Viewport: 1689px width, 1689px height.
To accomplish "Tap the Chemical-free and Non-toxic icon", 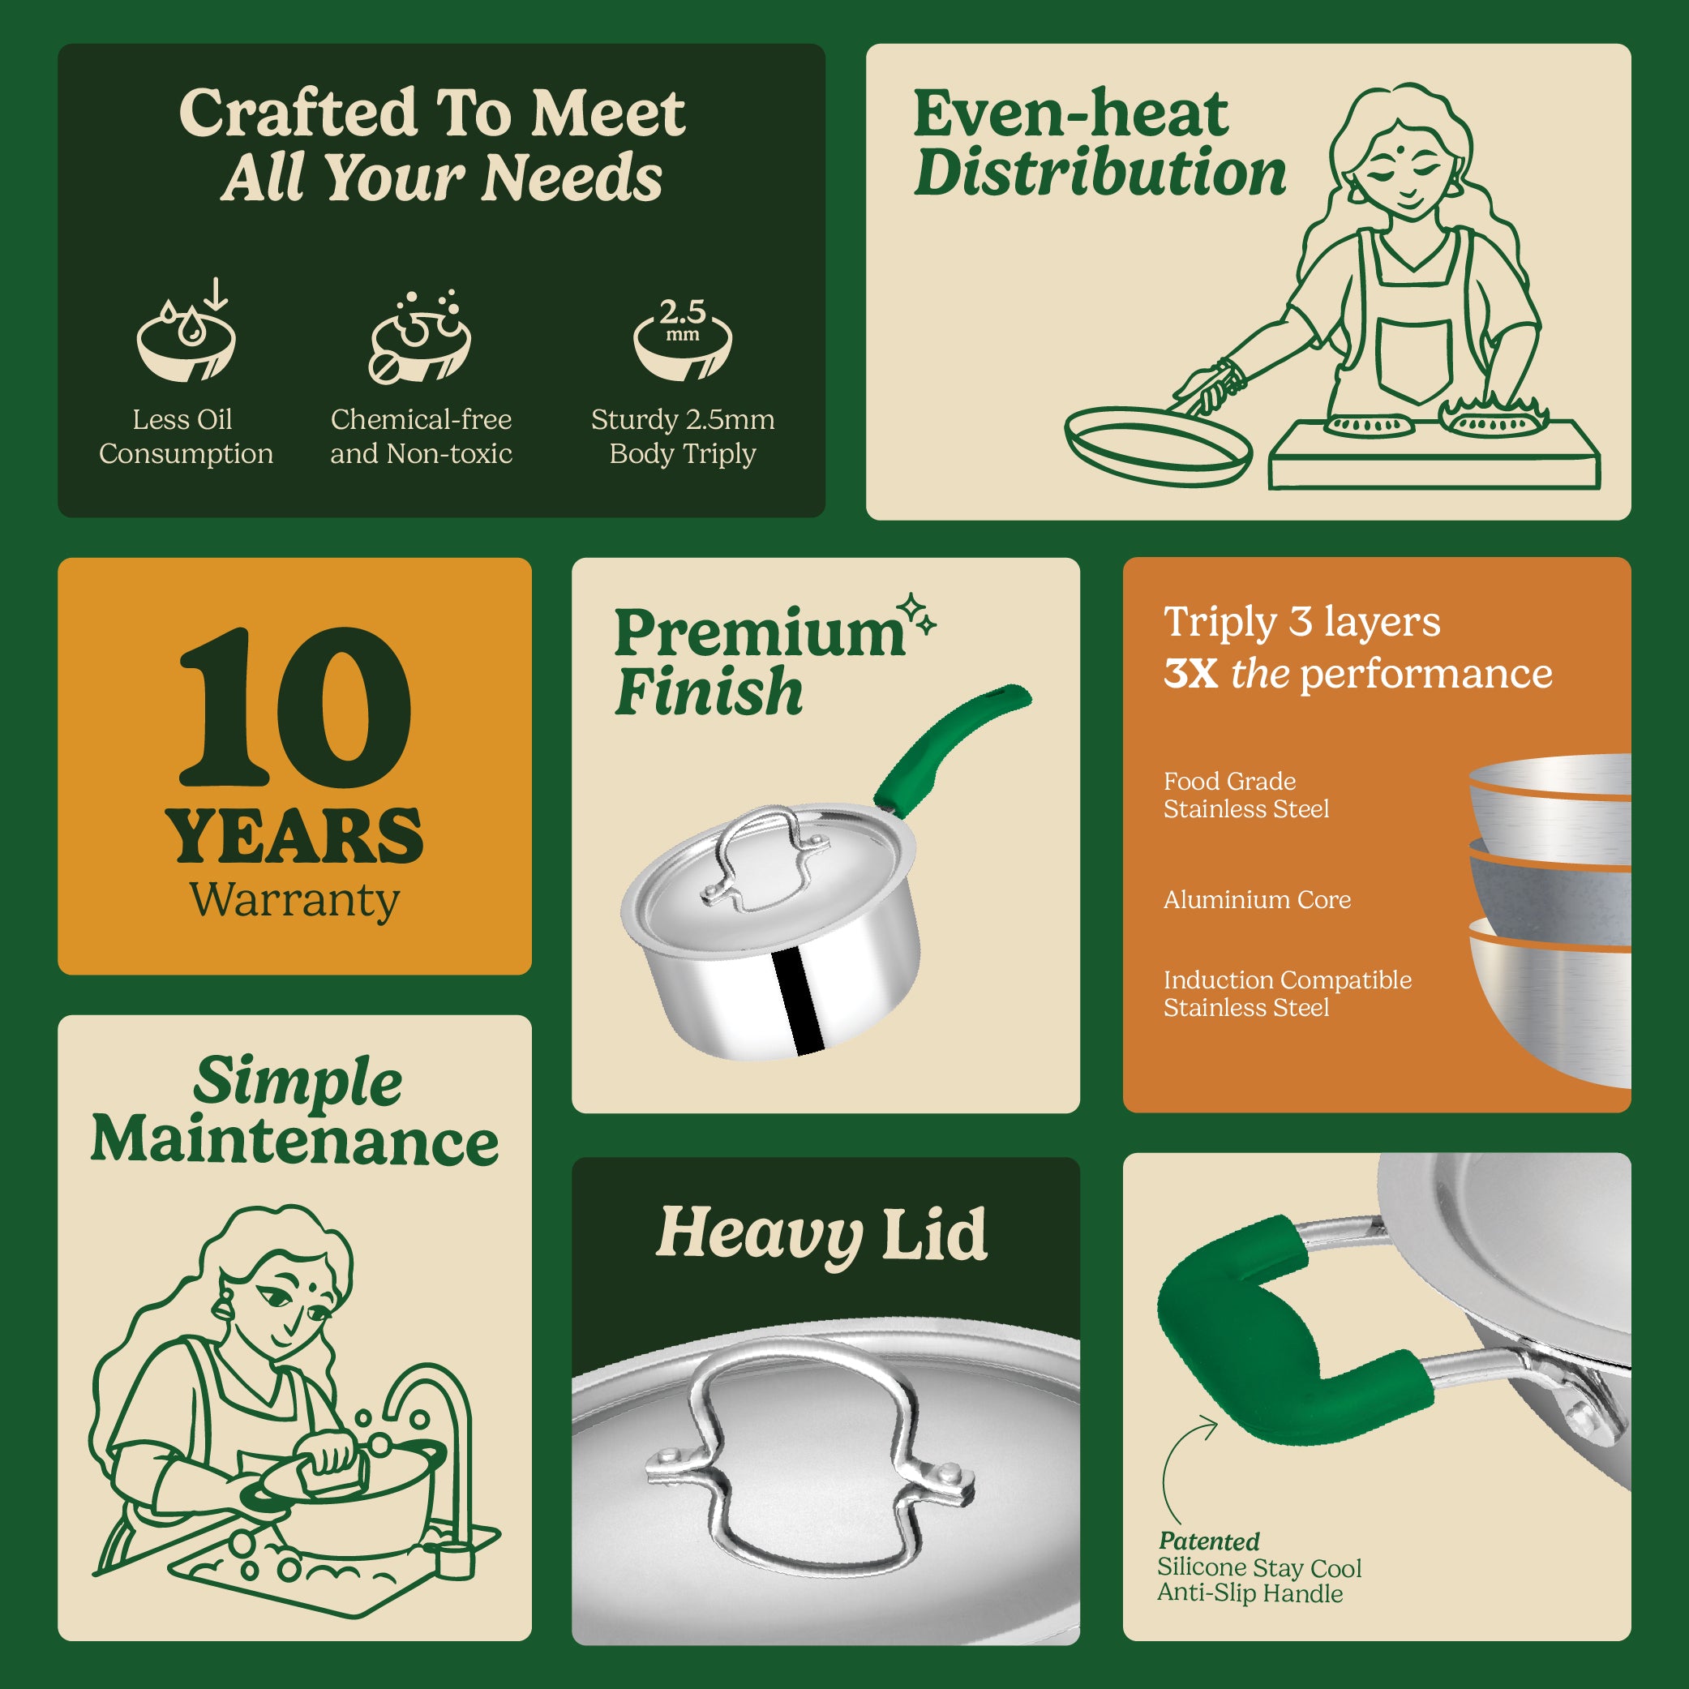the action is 420,336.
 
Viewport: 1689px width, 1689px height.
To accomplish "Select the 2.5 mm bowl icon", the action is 682,337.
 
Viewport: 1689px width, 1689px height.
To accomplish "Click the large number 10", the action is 294,708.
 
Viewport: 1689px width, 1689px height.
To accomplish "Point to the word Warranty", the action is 294,901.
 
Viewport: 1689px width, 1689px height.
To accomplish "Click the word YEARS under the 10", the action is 294,837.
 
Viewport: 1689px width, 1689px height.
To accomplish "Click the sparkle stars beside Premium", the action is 919,613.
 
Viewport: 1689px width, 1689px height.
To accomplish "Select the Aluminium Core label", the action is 1256,899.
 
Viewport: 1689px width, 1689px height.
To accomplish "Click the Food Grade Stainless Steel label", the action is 1245,795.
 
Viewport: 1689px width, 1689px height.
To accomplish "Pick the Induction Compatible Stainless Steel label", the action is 1287,994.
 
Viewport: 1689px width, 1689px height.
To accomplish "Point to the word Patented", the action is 1209,1541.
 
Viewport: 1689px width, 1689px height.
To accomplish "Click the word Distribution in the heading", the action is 1100,172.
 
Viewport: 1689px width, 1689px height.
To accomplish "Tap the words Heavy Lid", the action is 821,1234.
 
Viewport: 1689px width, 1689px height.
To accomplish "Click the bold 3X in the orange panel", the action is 1190,674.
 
